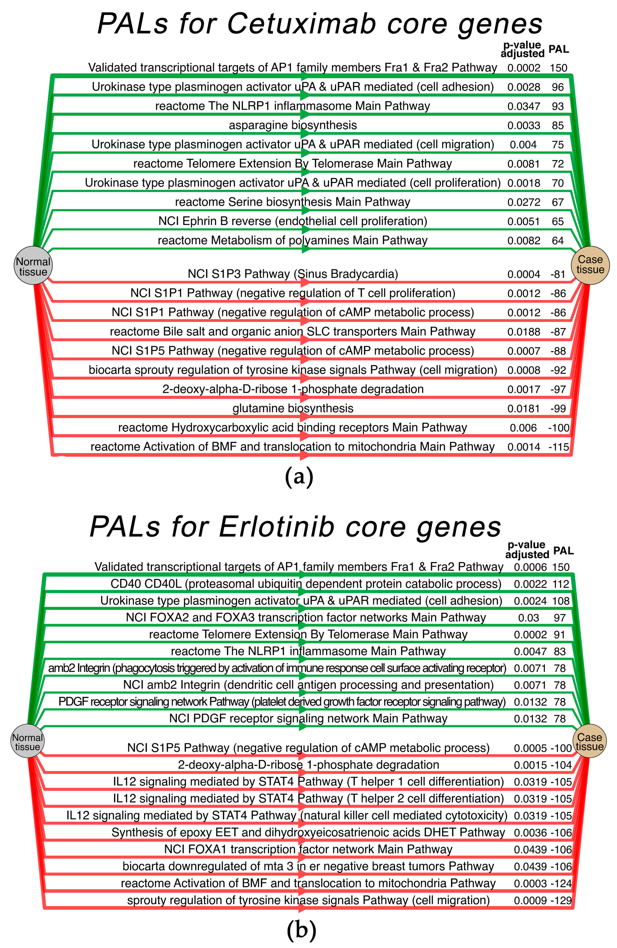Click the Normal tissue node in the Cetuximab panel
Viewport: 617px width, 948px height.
tap(33, 265)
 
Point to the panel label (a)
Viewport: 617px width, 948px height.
tap(299, 476)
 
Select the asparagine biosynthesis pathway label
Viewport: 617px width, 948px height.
tap(293, 125)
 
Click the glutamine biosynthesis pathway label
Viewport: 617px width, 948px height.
tap(293, 408)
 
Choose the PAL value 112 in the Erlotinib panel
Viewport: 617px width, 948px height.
tap(561, 584)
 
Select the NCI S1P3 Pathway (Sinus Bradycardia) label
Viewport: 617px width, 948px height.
tap(293, 274)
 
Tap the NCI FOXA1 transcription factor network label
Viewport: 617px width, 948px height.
tap(308, 849)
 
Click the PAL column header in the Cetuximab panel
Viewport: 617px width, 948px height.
tap(558, 49)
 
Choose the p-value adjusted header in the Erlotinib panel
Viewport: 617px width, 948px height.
tap(527, 550)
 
